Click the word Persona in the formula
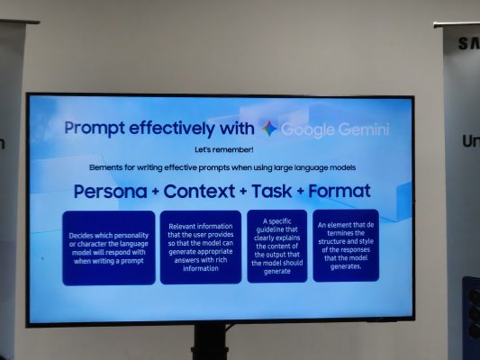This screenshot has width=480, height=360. (x=110, y=192)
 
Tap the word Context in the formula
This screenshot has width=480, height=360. (x=199, y=191)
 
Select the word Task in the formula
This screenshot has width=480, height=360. (x=272, y=191)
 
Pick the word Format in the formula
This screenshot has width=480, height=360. (x=340, y=191)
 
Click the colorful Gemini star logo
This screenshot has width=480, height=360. (x=269, y=129)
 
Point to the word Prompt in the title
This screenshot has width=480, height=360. (x=95, y=129)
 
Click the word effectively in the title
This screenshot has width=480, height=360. (x=171, y=129)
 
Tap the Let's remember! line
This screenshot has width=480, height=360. (x=224, y=150)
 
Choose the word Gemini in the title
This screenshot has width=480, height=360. (x=363, y=130)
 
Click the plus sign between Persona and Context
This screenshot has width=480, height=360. (x=155, y=192)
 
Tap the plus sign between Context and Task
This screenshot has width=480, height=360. (x=243, y=192)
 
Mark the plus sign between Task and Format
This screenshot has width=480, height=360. (x=300, y=192)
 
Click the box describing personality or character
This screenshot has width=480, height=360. (x=109, y=247)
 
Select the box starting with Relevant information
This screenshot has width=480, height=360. (x=201, y=247)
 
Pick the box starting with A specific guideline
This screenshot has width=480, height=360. (x=277, y=247)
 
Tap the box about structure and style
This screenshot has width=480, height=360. (x=346, y=246)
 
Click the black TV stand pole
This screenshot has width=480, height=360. (x=210, y=342)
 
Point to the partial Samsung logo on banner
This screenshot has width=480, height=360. (x=469, y=43)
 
